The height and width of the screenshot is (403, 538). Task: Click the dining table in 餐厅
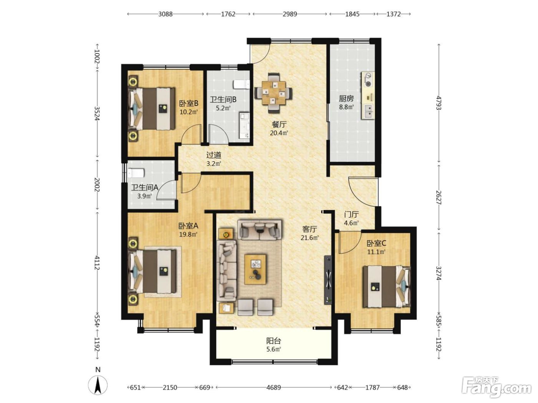[274, 92]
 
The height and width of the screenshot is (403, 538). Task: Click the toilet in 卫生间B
[241, 84]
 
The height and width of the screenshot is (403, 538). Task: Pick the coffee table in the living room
[256, 269]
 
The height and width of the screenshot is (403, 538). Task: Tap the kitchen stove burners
[368, 79]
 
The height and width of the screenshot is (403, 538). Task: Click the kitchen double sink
[368, 111]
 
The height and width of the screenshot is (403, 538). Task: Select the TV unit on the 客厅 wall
[328, 280]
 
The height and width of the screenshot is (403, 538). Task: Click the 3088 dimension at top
[166, 14]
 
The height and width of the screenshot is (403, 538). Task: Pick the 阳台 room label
[274, 340]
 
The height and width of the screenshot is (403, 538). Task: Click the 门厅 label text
[352, 215]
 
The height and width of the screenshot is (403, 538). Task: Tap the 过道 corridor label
[214, 155]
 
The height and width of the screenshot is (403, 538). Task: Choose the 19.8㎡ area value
[188, 235]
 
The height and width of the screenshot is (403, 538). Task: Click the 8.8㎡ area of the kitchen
[346, 107]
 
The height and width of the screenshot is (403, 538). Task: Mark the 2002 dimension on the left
[98, 185]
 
